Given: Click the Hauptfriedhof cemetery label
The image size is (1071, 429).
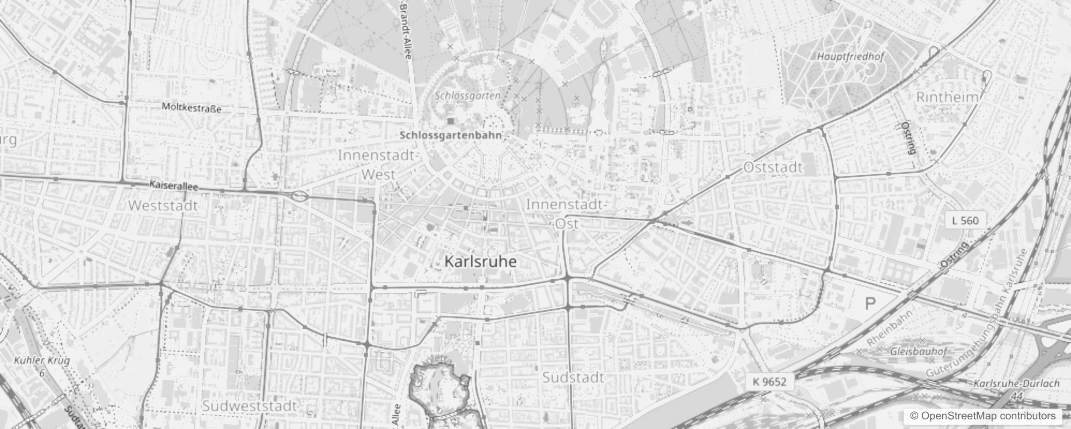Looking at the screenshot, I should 843,56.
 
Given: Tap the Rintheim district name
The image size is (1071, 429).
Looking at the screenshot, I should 947,98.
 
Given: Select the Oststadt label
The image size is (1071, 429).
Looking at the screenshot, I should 773,167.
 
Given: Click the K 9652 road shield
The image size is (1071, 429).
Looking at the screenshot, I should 769,382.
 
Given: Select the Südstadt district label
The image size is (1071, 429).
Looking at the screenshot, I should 573,378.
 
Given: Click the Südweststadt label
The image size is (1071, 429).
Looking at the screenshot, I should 249,406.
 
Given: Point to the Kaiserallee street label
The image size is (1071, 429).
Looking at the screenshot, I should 174,186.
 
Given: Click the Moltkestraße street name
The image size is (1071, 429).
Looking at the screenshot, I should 192,108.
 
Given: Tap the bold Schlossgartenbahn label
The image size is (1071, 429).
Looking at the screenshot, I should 451,136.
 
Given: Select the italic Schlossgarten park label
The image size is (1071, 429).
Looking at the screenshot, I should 467,96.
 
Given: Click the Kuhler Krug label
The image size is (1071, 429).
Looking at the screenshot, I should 42,360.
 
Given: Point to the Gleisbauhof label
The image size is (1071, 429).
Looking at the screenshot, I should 918,352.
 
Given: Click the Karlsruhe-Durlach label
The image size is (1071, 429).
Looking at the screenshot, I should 1016,384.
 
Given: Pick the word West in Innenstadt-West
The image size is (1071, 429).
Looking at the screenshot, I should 378,174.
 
